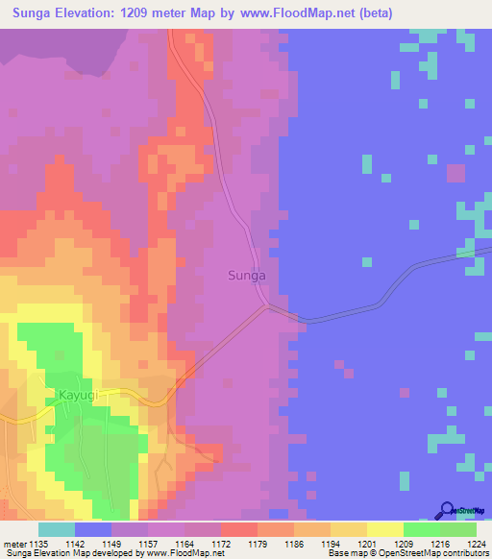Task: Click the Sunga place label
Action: point(247,276)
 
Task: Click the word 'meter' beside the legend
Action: point(12,543)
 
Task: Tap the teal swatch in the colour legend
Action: point(57,529)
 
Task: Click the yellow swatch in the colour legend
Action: point(384,529)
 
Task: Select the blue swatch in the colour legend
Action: point(93,529)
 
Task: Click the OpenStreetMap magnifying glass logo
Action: point(447,510)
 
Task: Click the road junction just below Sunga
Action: point(267,307)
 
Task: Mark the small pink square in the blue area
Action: point(455,173)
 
